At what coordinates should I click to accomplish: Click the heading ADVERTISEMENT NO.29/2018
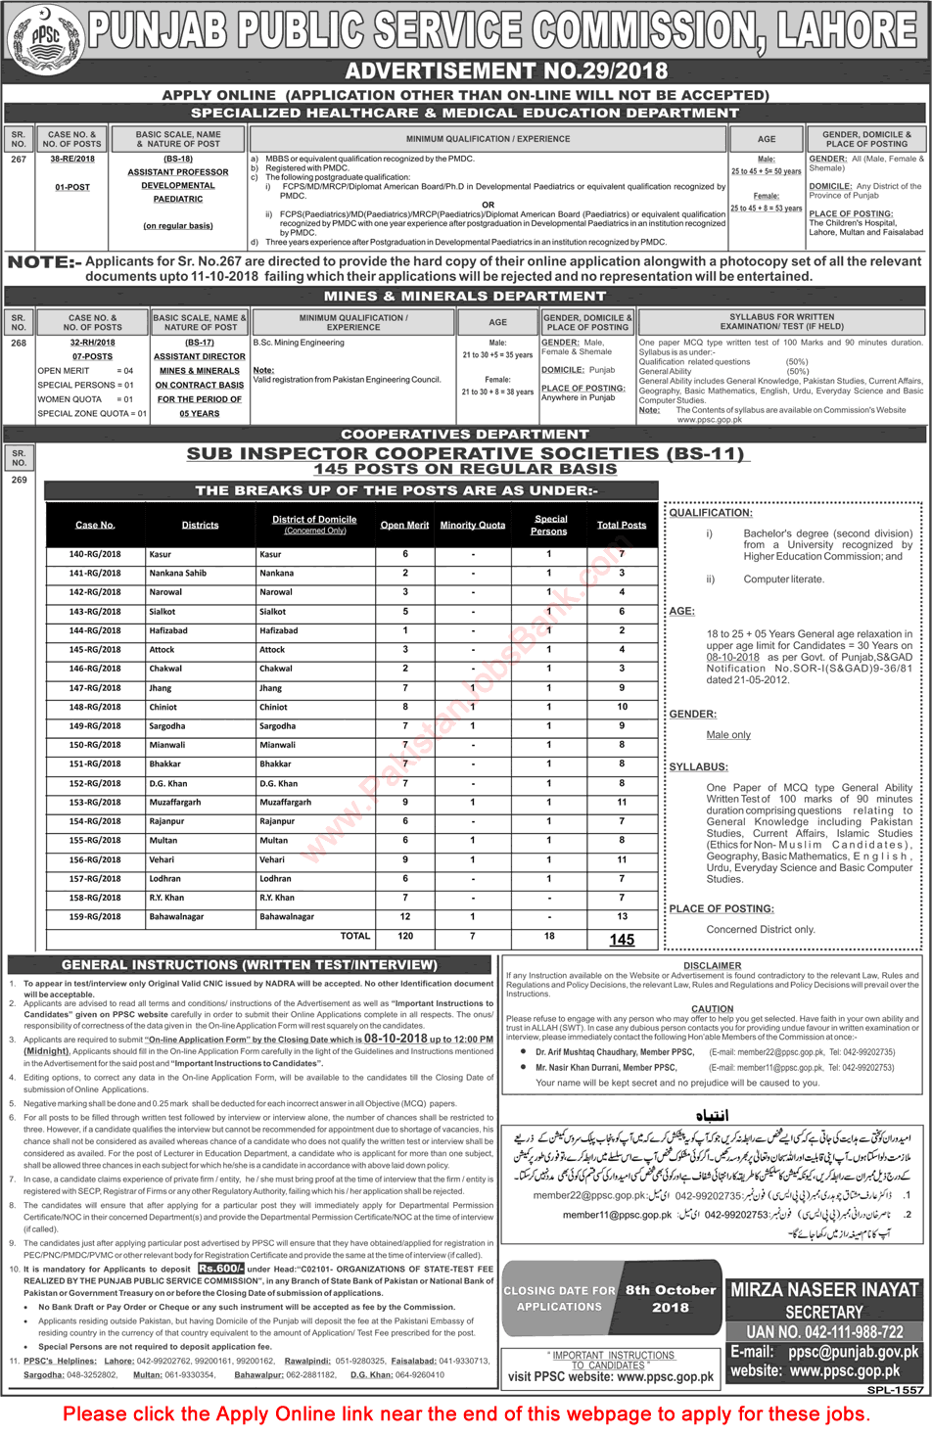pos(506,71)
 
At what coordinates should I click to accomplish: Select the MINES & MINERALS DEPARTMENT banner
pos(465,296)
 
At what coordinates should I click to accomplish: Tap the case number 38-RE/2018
pos(72,159)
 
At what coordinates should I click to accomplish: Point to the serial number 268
pos(19,344)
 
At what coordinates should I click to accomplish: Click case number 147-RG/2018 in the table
pos(95,688)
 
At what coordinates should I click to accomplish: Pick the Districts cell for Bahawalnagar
pos(176,917)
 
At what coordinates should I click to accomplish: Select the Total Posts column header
pos(621,526)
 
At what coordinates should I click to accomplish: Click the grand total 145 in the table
pos(622,940)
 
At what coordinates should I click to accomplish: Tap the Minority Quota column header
pos(472,526)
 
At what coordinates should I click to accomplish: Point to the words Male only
pos(728,735)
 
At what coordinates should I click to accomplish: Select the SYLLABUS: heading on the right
pos(698,767)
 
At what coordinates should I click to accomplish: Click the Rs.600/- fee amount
pos(220,1269)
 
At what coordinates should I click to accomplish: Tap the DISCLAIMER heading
pos(712,966)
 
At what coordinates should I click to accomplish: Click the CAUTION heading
pos(712,1009)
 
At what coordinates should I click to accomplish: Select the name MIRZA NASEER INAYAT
pos(824,1290)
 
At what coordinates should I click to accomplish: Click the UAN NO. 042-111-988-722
pos(824,1332)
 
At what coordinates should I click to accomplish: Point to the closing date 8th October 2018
pos(671,1298)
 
